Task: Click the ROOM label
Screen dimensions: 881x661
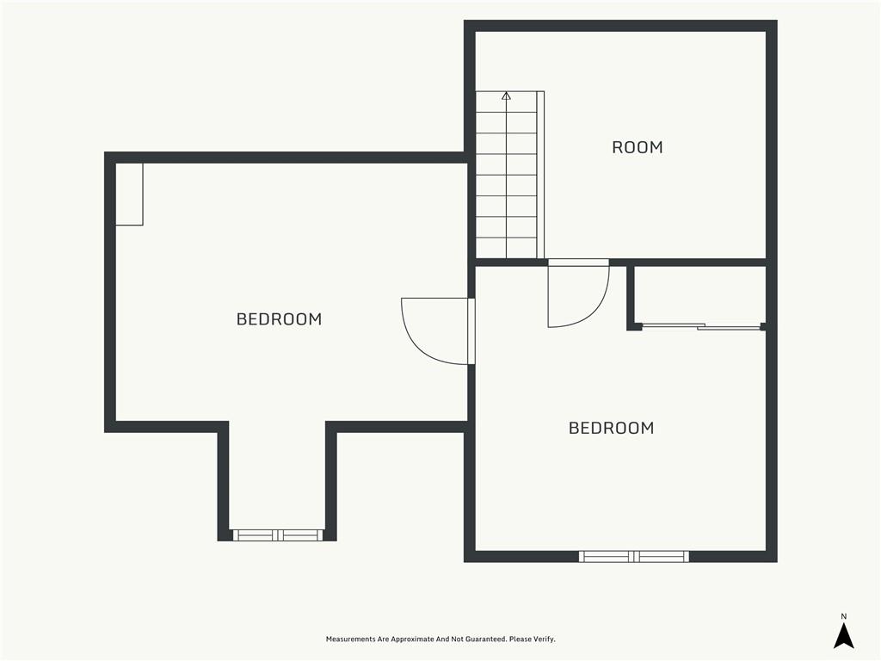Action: (x=638, y=147)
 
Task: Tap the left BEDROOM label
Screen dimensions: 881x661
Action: (x=280, y=319)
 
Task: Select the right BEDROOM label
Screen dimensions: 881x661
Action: (x=612, y=429)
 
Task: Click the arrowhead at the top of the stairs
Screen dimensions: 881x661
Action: (x=506, y=96)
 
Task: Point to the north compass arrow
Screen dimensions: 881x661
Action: (x=843, y=636)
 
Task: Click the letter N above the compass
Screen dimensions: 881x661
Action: (x=843, y=616)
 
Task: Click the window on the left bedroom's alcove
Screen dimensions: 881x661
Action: (x=278, y=535)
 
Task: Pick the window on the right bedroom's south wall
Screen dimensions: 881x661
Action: (x=634, y=557)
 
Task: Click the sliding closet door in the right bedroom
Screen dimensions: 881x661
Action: (x=702, y=326)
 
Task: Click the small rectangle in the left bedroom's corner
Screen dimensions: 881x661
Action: (x=129, y=195)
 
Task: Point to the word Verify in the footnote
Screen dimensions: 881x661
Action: (x=545, y=639)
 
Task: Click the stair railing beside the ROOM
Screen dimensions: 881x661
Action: (x=540, y=175)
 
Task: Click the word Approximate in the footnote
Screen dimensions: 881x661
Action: (x=412, y=639)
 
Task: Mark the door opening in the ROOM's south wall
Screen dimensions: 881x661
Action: (x=579, y=263)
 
